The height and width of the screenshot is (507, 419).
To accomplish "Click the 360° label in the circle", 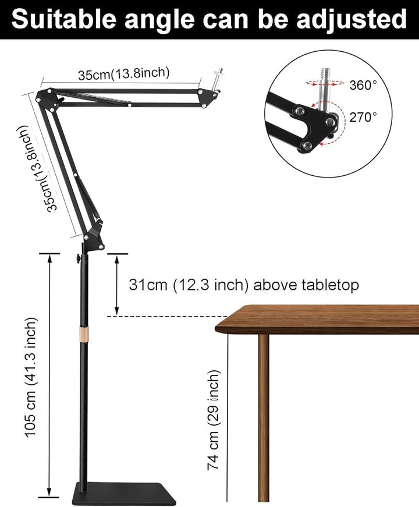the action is coord(363,85).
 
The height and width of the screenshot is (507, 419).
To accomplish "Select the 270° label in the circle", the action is coord(363,117).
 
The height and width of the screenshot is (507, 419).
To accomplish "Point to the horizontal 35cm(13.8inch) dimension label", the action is coord(124,74).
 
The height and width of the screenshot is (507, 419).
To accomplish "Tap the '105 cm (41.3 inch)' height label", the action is coord(31,377).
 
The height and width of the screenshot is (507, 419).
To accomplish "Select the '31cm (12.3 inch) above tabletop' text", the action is coord(244,285).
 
